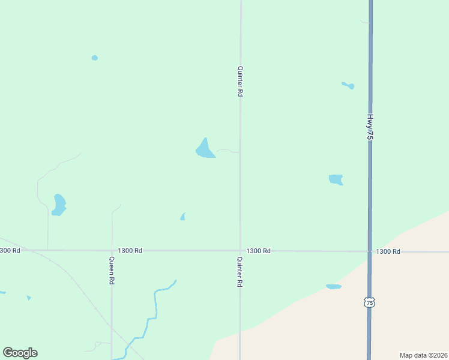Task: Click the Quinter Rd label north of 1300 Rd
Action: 240,82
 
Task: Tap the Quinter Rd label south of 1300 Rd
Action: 240,271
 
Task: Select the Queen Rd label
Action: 112,271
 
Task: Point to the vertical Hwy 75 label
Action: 370,127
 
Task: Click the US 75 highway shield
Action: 370,303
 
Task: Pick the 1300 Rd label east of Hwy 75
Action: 388,251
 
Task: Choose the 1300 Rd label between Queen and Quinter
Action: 130,251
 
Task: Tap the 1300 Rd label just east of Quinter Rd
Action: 258,251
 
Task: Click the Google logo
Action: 20,353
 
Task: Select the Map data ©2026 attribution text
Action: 423,355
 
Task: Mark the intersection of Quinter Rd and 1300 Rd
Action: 240,251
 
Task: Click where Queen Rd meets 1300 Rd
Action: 112,251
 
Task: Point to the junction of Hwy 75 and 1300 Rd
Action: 369,251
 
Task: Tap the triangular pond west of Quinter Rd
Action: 205,149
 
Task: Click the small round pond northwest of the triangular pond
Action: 94,58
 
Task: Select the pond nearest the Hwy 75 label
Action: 349,86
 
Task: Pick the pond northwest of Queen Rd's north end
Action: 59,204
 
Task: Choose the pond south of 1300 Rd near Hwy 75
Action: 334,287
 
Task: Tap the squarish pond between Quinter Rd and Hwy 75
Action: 336,179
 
